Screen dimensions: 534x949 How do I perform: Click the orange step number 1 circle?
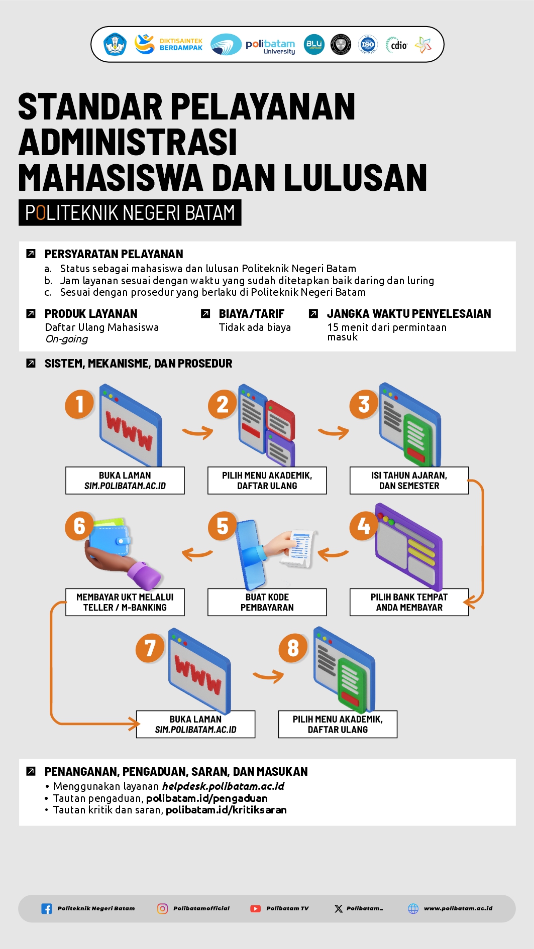[79, 404]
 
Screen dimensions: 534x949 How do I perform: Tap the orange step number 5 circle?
[223, 526]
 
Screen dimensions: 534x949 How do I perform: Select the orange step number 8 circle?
[293, 648]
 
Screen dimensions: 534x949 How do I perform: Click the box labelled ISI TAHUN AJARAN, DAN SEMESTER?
[409, 481]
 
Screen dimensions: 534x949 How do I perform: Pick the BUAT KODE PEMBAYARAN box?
[267, 602]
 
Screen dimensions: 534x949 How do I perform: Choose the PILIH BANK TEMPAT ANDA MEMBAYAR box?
[409, 602]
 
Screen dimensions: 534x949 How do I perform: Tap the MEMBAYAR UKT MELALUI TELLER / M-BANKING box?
[125, 602]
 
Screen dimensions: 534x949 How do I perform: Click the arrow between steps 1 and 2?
[197, 432]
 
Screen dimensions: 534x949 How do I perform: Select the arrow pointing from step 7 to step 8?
[268, 676]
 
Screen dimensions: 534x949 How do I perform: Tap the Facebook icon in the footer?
[47, 908]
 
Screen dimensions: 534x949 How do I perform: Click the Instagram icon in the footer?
[163, 908]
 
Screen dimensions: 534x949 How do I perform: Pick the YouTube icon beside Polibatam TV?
[256, 908]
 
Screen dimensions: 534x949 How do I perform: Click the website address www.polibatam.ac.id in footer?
[458, 908]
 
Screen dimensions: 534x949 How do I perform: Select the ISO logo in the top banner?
[368, 45]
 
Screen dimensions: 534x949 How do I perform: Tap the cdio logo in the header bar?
[397, 45]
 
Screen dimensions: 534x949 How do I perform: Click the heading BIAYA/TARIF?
[252, 314]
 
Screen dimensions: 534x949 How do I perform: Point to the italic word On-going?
[67, 339]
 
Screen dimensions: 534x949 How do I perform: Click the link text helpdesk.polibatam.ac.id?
[223, 786]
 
